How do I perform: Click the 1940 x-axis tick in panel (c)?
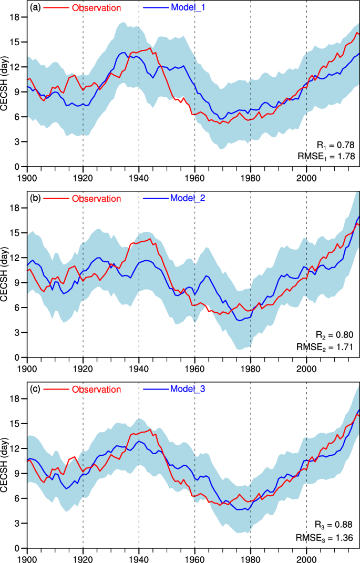139,557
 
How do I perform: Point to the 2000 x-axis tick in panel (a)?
306,176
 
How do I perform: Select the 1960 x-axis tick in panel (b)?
194,366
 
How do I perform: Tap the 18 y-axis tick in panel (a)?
16,17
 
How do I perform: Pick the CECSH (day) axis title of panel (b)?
5,279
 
